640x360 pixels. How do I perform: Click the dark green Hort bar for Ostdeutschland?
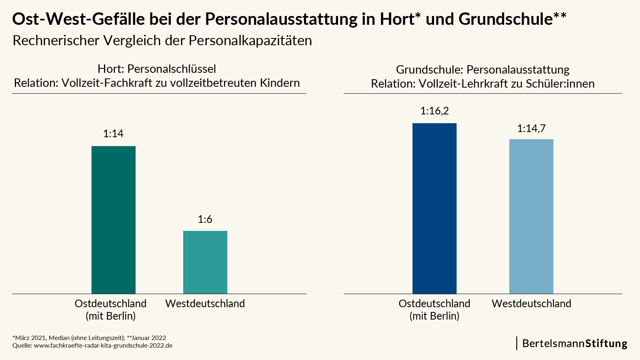[x=114, y=220]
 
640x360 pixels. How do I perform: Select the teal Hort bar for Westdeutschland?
[x=205, y=262]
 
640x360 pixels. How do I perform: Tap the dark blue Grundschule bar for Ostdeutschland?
[x=434, y=208]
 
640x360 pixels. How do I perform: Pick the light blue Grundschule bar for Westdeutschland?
[x=531, y=216]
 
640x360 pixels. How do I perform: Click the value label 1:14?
[x=114, y=134]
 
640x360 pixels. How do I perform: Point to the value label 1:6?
[x=205, y=219]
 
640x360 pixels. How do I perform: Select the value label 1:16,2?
[x=434, y=111]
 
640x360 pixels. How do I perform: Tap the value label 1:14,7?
[x=531, y=128]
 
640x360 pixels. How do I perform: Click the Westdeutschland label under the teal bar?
[x=205, y=304]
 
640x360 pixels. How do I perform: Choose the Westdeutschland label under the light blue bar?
[x=531, y=304]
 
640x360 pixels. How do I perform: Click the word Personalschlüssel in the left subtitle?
[x=172, y=69]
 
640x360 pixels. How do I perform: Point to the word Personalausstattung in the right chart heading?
[x=518, y=70]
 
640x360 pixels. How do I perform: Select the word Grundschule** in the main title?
[x=512, y=19]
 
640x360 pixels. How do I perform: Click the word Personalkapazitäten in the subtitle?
[x=250, y=40]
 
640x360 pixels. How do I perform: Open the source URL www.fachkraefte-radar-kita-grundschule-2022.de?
[x=103, y=346]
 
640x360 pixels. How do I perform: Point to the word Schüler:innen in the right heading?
[x=560, y=84]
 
